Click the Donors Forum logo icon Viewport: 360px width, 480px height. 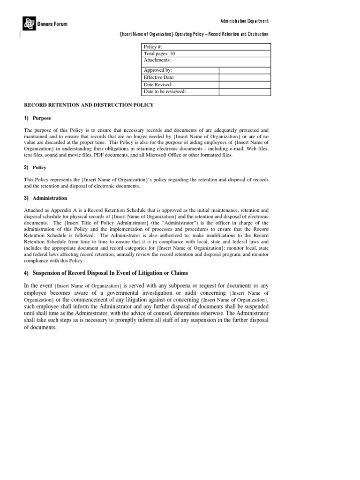pos(29,22)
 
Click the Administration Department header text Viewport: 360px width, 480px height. pos(245,21)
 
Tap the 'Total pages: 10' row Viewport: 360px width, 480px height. pos(206,53)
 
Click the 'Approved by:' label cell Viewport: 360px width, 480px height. pos(180,70)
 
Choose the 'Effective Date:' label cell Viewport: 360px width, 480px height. pos(180,77)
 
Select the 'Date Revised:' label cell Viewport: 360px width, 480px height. pos(180,84)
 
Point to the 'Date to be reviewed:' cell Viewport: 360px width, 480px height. pos(180,91)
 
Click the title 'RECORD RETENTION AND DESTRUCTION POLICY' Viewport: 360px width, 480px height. pos(89,105)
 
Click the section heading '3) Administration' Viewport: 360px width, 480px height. pos(45,198)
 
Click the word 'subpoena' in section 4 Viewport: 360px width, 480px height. pos(198,285)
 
